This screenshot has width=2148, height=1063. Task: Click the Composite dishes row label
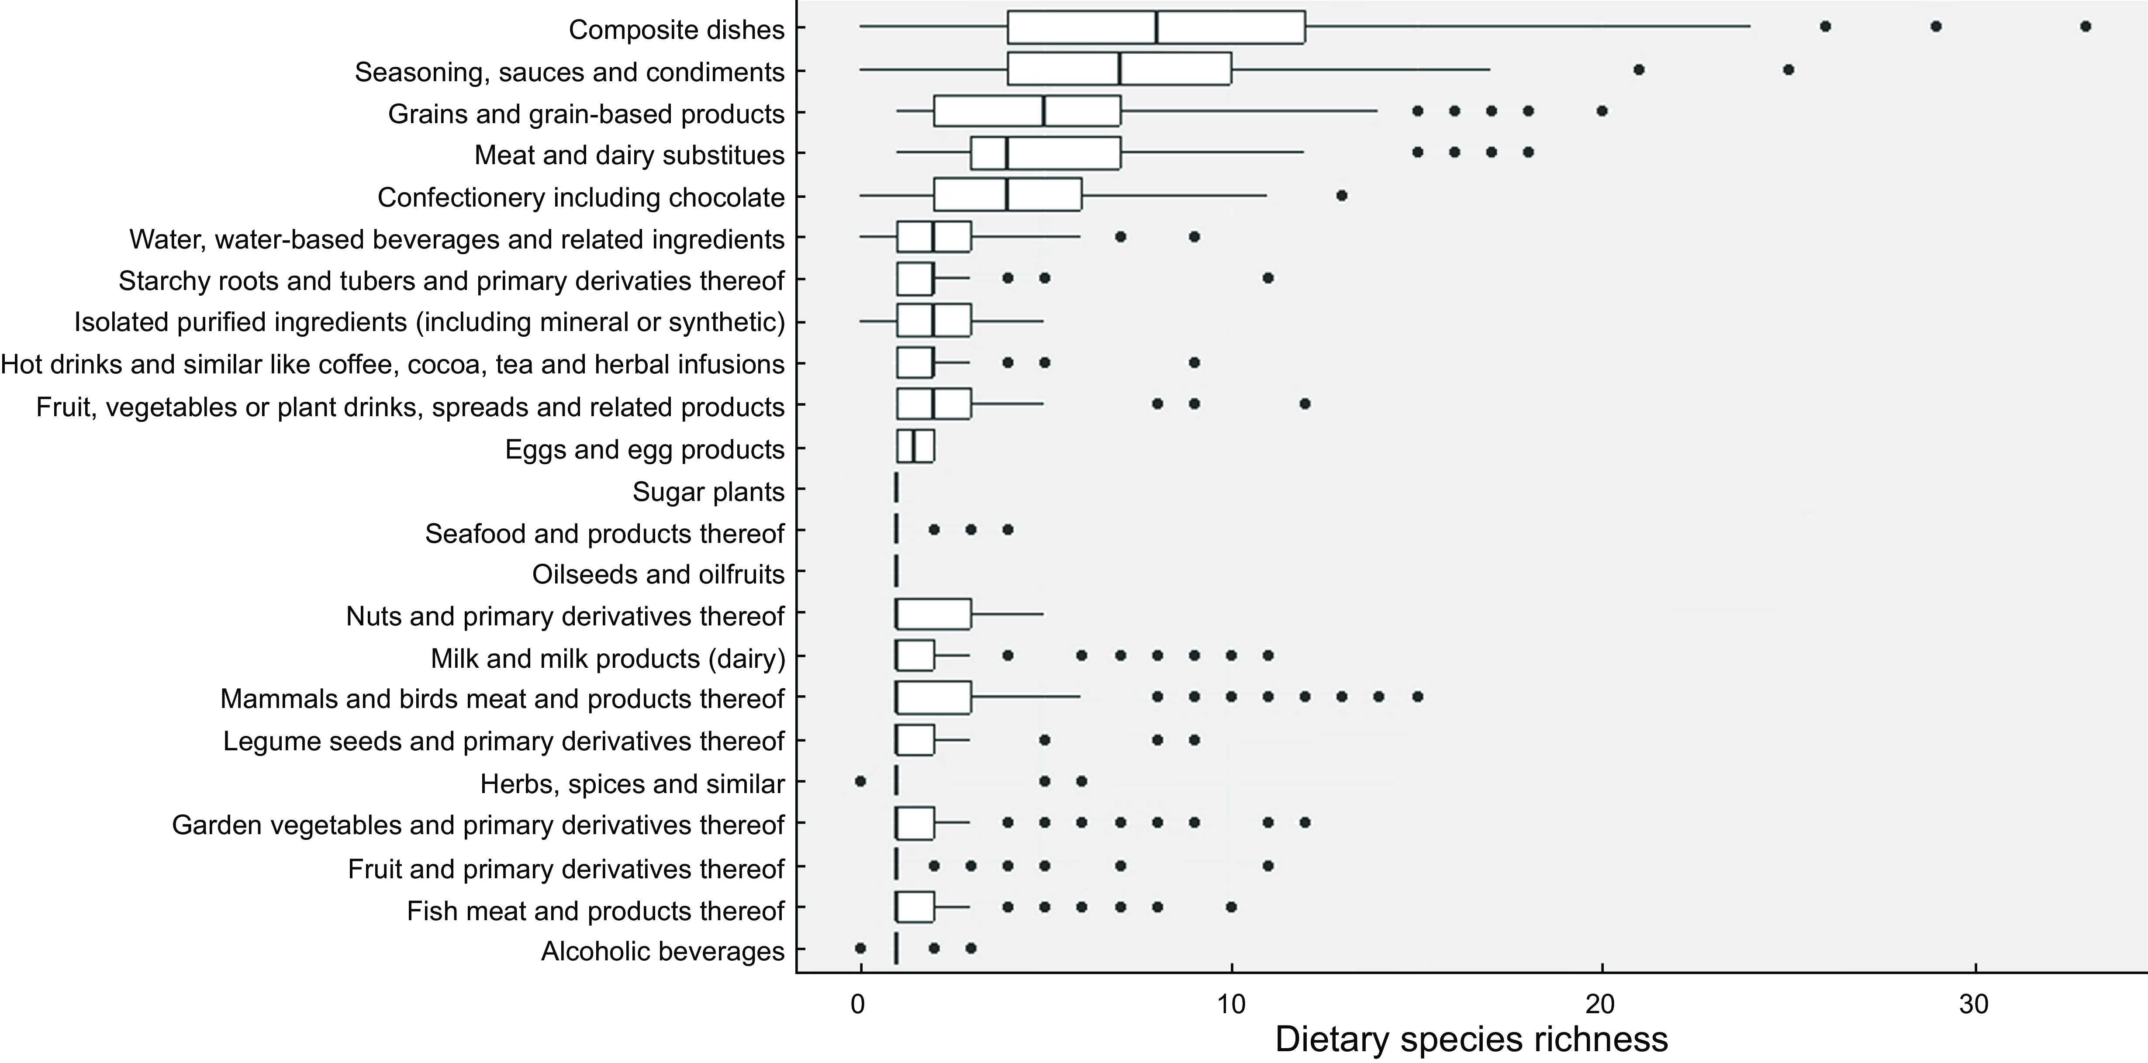pyautogui.click(x=676, y=30)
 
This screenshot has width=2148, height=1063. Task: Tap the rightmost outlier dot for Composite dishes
pyautogui.click(x=2086, y=27)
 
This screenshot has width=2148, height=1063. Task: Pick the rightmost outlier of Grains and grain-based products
pyautogui.click(x=1602, y=111)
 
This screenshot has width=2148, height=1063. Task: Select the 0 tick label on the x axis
pyautogui.click(x=859, y=1004)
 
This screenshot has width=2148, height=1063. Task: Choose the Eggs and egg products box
pyautogui.click(x=915, y=446)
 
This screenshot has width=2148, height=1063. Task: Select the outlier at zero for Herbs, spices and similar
pyautogui.click(x=860, y=781)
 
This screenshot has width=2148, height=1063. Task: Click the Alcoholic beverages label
pyautogui.click(x=663, y=951)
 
